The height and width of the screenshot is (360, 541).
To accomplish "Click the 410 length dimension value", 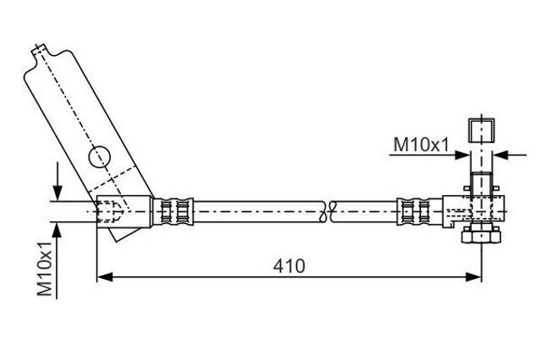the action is [x=289, y=266].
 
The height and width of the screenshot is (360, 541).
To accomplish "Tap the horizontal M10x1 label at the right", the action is [x=421, y=145].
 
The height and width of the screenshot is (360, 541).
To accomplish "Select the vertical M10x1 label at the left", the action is [x=45, y=269].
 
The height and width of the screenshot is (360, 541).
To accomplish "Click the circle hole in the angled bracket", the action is [x=100, y=157].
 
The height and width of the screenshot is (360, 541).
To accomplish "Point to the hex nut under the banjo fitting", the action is [x=481, y=234].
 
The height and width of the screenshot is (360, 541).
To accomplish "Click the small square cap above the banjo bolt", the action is [x=481, y=131].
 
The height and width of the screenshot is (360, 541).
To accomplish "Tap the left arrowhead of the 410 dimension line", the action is [x=105, y=276].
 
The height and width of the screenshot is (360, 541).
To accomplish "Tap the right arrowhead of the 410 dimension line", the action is [x=473, y=276].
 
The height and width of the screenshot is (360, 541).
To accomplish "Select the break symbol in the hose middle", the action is [x=328, y=211].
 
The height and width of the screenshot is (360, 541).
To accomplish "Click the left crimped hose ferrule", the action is [x=173, y=211].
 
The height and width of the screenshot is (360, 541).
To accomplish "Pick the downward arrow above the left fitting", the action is [x=57, y=181].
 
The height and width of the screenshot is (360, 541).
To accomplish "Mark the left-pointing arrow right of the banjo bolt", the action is [x=510, y=155].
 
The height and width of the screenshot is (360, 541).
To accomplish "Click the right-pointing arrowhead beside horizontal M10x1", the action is [x=462, y=155].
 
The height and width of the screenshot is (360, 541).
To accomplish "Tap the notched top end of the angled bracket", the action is [x=41, y=51].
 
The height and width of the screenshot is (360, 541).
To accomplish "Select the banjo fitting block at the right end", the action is [x=473, y=211].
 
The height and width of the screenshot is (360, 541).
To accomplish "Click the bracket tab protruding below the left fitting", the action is [x=123, y=234].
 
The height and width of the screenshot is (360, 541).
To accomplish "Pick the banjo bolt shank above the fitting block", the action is [x=481, y=183].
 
